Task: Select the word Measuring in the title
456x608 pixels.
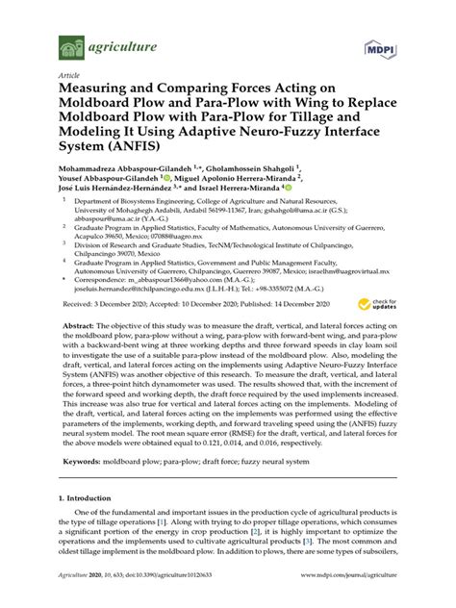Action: [103, 89]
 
